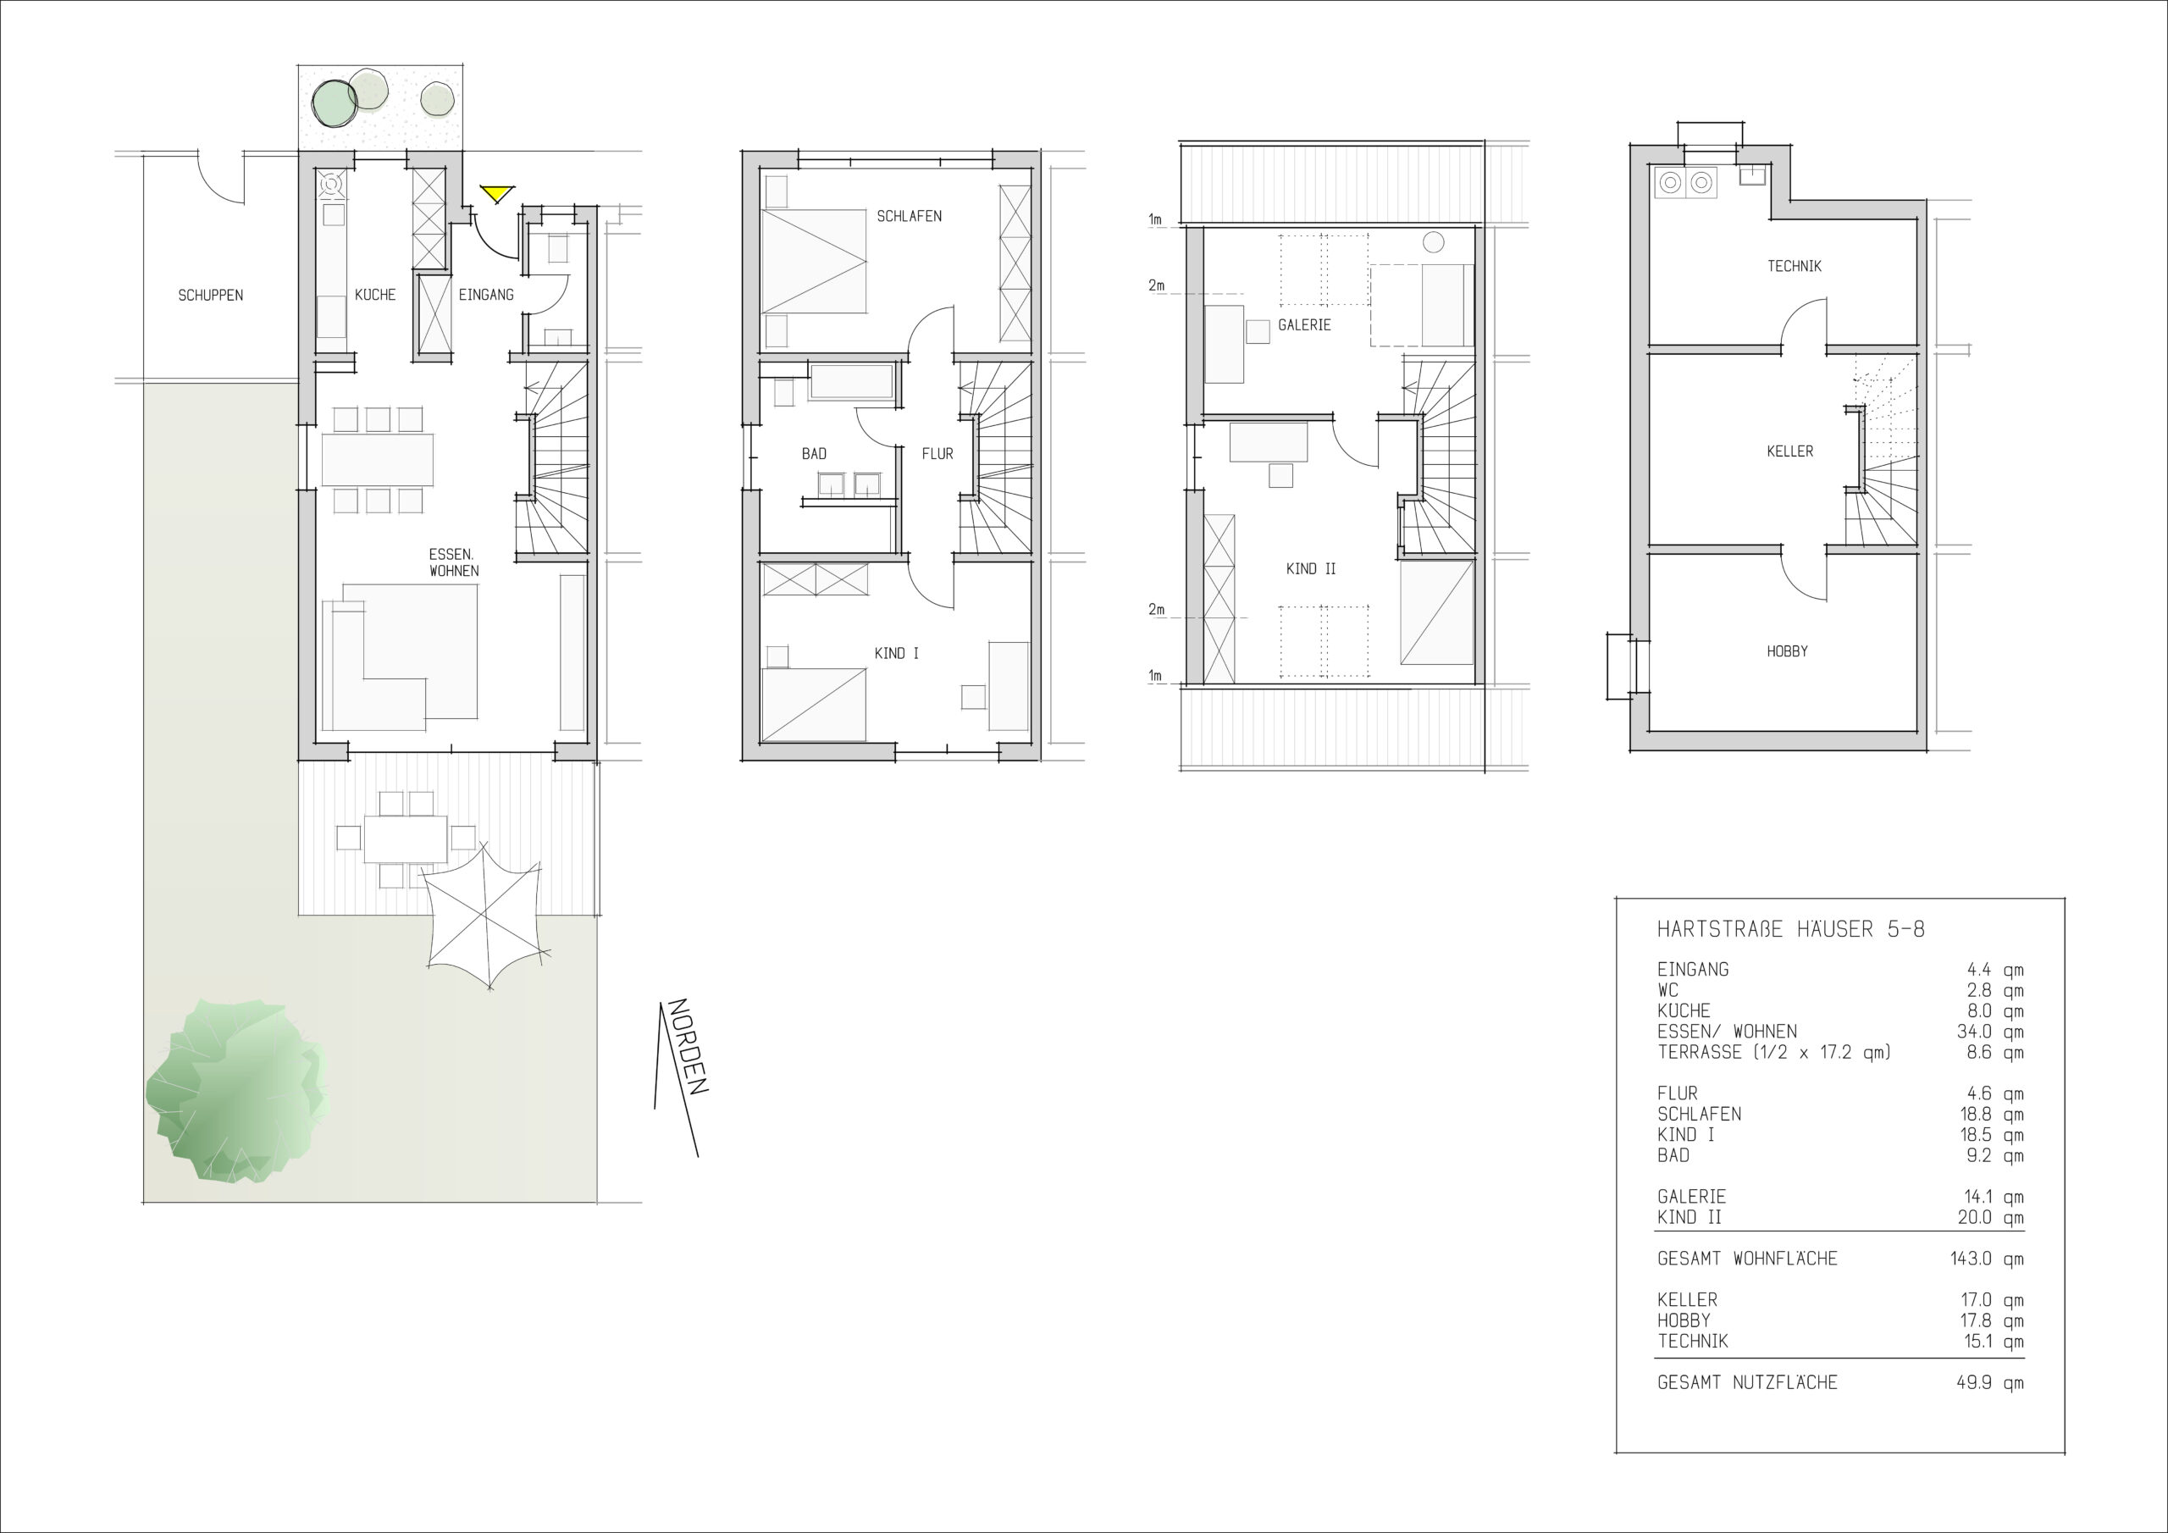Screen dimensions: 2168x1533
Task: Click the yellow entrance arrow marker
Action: (495, 194)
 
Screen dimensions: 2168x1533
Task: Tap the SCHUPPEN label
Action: (211, 296)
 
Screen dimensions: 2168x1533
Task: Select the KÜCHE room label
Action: (375, 295)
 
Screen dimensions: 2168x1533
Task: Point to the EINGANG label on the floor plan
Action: (486, 295)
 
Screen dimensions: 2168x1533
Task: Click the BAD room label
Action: (814, 453)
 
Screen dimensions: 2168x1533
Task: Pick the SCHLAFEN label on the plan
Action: (910, 216)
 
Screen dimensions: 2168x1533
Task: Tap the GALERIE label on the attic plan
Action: (1304, 325)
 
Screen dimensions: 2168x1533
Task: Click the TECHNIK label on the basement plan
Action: (1794, 266)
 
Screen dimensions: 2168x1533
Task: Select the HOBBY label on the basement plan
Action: (1788, 650)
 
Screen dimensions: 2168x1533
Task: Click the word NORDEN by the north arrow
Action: (688, 1047)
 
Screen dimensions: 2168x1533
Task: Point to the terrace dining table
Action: (406, 838)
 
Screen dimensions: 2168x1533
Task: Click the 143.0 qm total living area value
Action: (1987, 1259)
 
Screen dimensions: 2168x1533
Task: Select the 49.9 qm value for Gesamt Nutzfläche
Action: (1989, 1383)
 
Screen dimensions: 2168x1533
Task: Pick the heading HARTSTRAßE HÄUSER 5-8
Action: (1790, 929)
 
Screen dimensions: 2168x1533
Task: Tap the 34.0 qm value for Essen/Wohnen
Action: (1989, 1032)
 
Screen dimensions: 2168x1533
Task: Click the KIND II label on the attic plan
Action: (1311, 569)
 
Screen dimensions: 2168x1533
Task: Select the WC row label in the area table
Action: (1668, 990)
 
